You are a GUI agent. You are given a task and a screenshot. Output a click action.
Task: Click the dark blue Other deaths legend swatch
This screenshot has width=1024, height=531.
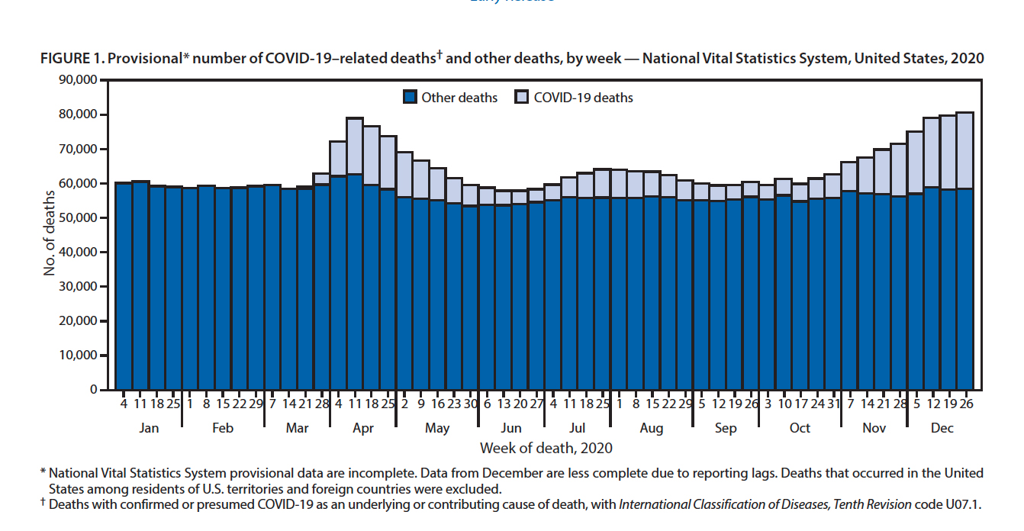[x=411, y=98]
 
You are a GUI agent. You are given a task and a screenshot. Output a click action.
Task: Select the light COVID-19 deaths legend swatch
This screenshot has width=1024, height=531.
[x=522, y=98]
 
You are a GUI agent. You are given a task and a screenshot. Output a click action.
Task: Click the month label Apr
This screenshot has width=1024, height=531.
[x=363, y=428]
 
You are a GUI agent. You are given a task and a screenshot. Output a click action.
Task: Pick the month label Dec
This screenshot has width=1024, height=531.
[x=942, y=428]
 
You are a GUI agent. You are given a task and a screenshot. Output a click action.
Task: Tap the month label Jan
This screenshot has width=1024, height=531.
[x=149, y=428]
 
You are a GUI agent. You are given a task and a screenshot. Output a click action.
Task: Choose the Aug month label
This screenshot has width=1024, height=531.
[x=652, y=428]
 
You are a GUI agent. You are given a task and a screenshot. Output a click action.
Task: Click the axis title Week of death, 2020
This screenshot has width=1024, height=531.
[x=546, y=448]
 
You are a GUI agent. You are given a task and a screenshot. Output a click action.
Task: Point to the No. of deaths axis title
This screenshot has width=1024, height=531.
[x=50, y=234]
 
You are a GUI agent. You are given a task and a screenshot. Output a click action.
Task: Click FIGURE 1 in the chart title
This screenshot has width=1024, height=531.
[x=73, y=58]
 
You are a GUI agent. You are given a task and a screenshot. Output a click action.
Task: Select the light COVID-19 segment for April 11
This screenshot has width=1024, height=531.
[x=355, y=146]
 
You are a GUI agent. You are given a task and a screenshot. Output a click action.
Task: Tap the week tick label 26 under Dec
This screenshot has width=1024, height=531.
[x=964, y=403]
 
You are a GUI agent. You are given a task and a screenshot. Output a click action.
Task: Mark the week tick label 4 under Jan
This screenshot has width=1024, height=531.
[x=124, y=403]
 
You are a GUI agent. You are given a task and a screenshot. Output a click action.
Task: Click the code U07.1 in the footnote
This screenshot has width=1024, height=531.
[x=958, y=504]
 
